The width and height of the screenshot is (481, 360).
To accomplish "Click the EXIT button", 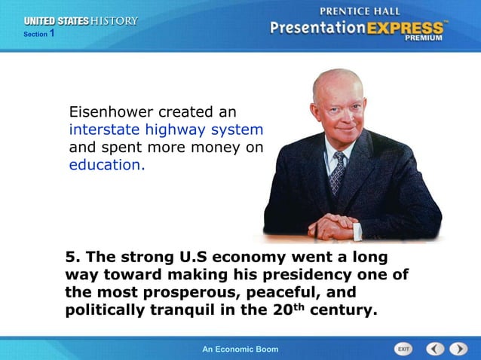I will pos(404,349).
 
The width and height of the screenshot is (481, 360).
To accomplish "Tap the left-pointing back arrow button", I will pos(435,349).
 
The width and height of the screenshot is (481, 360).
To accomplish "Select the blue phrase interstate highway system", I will pos(166,130).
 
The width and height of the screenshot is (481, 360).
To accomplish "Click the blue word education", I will pos(106,164).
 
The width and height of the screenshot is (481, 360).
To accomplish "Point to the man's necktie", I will pos(337,172).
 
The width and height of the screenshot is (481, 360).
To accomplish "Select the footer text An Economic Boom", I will pos(240,349).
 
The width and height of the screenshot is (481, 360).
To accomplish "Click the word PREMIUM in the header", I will pos(427,38).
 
